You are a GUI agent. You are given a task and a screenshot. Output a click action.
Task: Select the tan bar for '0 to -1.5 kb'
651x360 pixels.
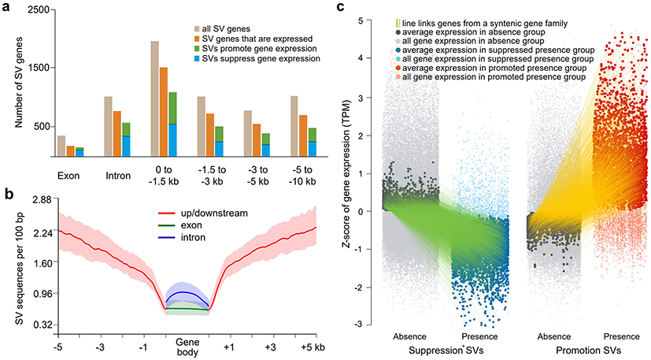click(155, 99)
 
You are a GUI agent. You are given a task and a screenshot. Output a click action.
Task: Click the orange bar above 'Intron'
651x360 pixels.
click(117, 135)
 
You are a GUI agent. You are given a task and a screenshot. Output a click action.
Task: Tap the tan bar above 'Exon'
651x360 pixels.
click(61, 147)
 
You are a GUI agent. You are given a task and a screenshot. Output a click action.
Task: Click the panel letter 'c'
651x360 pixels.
click(338, 8)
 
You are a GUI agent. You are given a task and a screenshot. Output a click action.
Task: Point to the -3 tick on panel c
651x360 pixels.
click(361, 324)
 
